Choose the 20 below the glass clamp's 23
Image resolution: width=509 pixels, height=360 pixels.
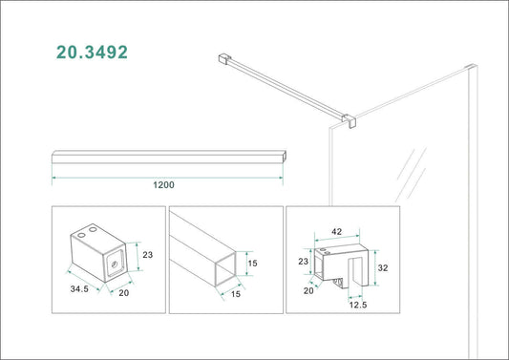tap(308, 291)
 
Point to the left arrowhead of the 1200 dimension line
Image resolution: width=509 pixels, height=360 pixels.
tap(54, 178)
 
